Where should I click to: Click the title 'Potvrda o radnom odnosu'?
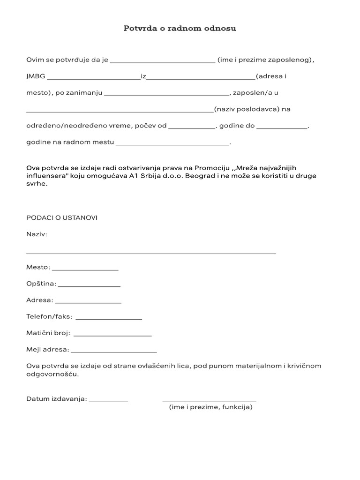coord(180,29)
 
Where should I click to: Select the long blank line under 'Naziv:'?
coord(151,253)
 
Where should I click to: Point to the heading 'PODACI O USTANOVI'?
coord(62,217)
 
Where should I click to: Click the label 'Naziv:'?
coord(37,234)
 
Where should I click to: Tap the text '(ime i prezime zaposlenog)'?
coord(265,60)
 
